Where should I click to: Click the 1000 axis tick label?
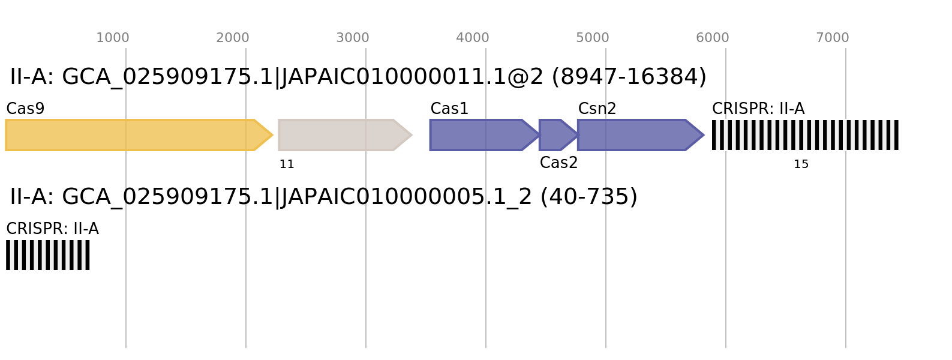(x=113, y=38)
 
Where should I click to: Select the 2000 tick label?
(x=233, y=38)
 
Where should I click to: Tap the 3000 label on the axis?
(x=353, y=38)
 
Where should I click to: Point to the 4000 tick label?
(x=473, y=38)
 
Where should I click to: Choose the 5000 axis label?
(x=593, y=38)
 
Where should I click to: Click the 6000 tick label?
(x=713, y=38)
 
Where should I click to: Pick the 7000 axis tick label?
(x=833, y=38)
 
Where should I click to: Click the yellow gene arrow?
(x=132, y=135)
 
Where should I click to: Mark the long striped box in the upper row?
(x=805, y=135)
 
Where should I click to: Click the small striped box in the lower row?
(x=48, y=255)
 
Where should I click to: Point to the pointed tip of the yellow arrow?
(x=272, y=135)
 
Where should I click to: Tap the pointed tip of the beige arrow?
(x=411, y=135)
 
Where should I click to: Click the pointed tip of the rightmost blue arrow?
(x=703, y=135)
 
